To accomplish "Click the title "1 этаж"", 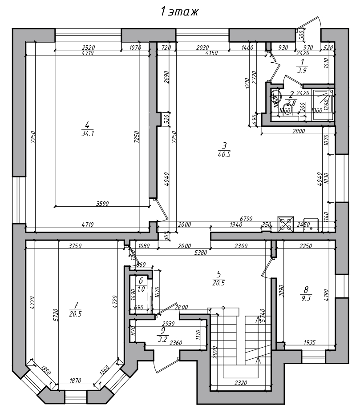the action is click(x=179, y=12).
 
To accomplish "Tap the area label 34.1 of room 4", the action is click(x=88, y=133).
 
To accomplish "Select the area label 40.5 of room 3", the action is click(x=224, y=154).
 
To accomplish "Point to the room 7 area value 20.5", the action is click(x=75, y=313).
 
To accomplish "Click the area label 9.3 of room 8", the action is click(x=306, y=298).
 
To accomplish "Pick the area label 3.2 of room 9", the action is click(x=163, y=339).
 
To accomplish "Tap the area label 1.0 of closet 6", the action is click(x=141, y=289).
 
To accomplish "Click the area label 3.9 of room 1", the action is click(x=303, y=70).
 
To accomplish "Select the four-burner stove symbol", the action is click(x=285, y=224).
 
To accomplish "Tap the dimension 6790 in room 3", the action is click(x=247, y=219).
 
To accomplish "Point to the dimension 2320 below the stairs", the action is click(x=241, y=382).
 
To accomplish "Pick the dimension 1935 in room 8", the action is click(x=310, y=342).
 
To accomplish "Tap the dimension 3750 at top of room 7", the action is click(x=75, y=246).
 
